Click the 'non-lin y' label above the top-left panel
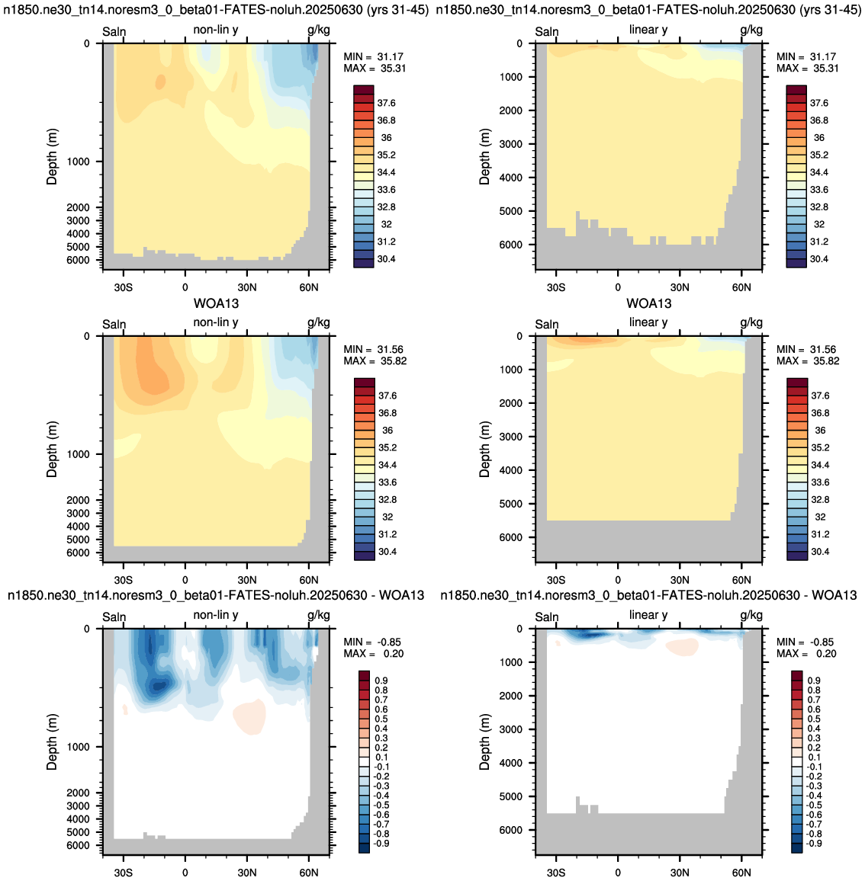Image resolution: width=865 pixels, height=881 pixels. (215, 30)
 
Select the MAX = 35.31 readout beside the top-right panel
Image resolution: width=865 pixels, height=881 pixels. (808, 69)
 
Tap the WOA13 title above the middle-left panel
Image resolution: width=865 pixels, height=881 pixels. (217, 303)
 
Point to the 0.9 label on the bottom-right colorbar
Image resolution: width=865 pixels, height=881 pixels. (814, 681)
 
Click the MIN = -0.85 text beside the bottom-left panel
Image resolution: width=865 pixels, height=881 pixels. (372, 642)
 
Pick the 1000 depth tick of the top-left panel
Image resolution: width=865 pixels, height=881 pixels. (78, 162)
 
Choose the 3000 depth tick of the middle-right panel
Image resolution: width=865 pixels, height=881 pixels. (510, 437)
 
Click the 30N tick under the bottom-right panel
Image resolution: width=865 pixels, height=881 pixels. (680, 873)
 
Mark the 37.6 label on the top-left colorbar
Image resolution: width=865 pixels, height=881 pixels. (387, 103)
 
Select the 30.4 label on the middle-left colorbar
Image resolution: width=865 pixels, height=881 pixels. (387, 552)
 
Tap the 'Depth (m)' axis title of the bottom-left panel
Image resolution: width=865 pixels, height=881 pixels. (52, 742)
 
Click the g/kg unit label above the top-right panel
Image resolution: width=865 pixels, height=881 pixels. (751, 30)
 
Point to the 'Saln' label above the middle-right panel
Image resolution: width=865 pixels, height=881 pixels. (547, 324)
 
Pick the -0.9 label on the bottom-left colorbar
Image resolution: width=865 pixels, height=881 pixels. (381, 844)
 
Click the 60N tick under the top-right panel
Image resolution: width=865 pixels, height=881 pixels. (741, 287)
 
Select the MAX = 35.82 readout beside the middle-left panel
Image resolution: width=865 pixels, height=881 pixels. (375, 361)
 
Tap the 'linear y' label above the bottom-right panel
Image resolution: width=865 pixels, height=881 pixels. (648, 615)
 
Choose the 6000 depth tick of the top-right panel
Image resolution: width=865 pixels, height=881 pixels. (510, 245)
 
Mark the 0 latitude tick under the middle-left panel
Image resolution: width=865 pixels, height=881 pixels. (185, 580)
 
